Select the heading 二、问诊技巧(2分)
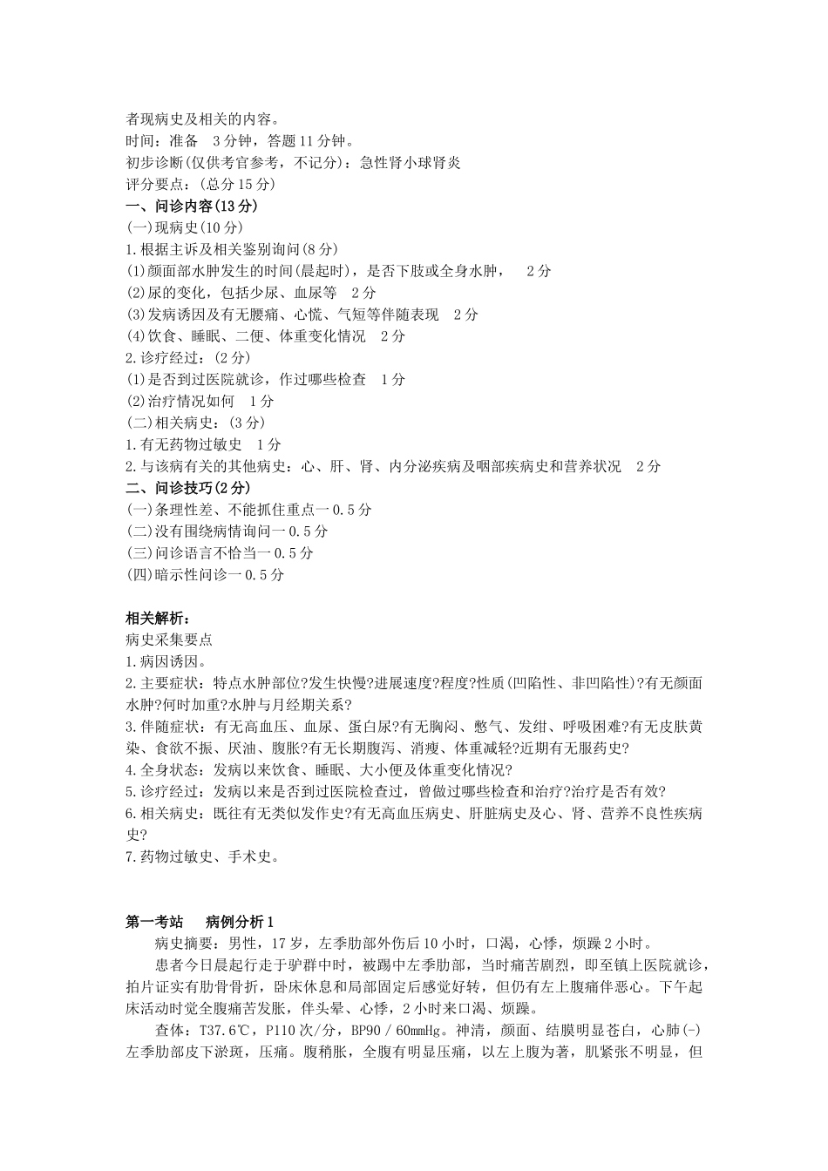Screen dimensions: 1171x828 pyautogui.click(x=188, y=488)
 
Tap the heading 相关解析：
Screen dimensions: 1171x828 pyautogui.click(x=157, y=619)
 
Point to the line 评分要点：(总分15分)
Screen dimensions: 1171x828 pyautogui.click(x=200, y=184)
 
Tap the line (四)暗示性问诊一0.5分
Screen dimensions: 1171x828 pyautogui.click(x=205, y=574)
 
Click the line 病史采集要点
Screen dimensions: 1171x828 pyautogui.click(x=169, y=640)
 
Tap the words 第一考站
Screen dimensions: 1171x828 pyautogui.click(x=155, y=922)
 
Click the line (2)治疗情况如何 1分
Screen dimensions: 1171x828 pyautogui.click(x=200, y=401)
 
